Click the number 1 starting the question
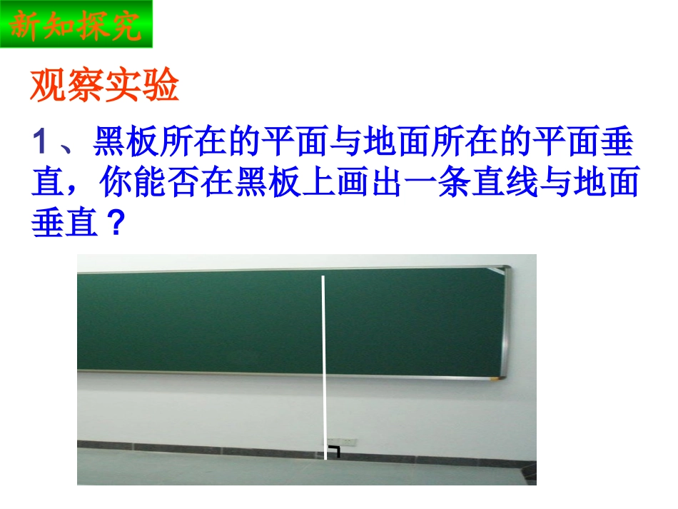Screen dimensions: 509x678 coord(41,144)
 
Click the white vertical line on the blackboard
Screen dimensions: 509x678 coord(325,357)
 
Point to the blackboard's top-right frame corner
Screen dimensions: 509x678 coord(505,269)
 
